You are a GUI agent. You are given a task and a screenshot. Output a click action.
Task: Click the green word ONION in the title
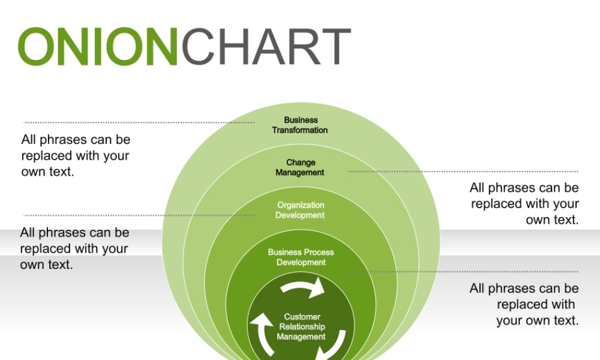tap(99, 46)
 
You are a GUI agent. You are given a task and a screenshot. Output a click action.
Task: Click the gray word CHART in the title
tap(265, 46)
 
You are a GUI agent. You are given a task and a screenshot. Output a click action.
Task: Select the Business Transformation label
tap(300, 125)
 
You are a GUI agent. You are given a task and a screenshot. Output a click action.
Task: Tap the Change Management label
tap(300, 167)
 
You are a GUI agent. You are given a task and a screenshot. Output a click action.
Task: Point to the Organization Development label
tap(300, 210)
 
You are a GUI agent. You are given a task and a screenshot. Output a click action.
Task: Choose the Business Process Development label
tap(301, 257)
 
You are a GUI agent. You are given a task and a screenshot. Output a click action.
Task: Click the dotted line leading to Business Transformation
tap(138, 122)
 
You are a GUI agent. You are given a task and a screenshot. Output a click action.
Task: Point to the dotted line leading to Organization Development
tap(138, 215)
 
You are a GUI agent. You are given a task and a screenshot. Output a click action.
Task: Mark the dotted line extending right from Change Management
tap(463, 172)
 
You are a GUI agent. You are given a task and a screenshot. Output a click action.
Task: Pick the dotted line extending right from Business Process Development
tap(463, 271)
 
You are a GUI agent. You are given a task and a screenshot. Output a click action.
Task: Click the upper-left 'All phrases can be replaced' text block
tap(76, 155)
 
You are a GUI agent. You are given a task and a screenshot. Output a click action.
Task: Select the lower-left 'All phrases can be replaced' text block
tap(74, 248)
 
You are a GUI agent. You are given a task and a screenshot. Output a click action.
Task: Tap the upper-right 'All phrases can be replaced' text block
tap(524, 204)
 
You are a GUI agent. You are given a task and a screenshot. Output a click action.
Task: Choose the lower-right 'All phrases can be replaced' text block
tap(524, 304)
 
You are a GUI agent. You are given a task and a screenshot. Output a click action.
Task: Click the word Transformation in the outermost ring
tap(300, 130)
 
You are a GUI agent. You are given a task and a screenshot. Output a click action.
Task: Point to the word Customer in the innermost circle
tap(302, 317)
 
